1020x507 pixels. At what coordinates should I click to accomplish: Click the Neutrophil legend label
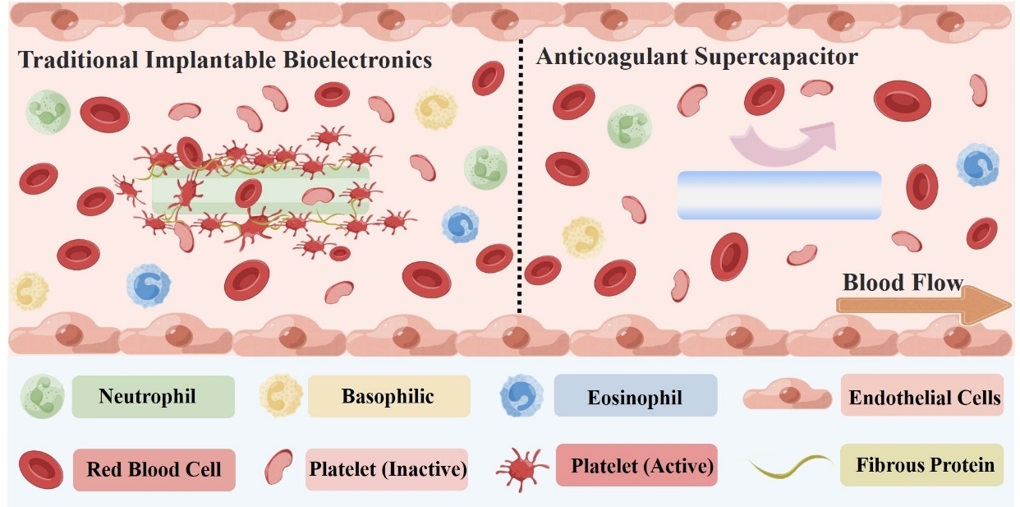[147, 397]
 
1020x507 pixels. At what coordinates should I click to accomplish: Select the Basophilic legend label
[388, 397]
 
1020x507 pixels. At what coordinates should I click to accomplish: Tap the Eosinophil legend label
[635, 399]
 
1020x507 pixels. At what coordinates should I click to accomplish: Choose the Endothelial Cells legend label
[925, 398]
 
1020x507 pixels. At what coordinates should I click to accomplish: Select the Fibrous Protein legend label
[925, 465]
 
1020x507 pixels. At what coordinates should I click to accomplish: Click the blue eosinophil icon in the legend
[521, 395]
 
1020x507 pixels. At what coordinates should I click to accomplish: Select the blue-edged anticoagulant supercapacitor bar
[779, 196]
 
